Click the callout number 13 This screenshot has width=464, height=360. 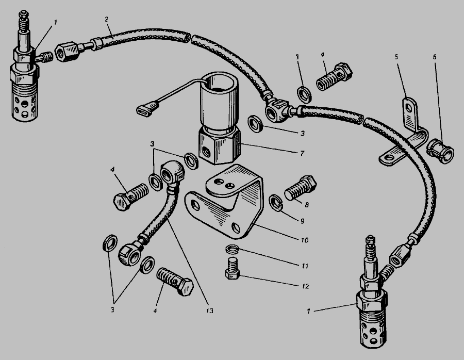pyautogui.click(x=209, y=310)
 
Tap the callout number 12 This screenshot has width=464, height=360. pyautogui.click(x=305, y=286)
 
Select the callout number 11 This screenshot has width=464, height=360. pyautogui.click(x=305, y=266)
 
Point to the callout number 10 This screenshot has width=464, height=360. pyautogui.click(x=305, y=240)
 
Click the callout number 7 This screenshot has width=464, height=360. pyautogui.click(x=302, y=153)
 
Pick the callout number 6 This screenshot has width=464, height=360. pyautogui.click(x=435, y=57)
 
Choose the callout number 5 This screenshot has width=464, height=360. pyautogui.click(x=396, y=56)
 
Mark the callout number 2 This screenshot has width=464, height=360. pyautogui.click(x=106, y=20)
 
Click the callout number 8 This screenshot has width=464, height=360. pyautogui.click(x=307, y=205)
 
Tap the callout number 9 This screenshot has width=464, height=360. pyautogui.click(x=302, y=221)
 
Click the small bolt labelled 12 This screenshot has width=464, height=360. pyautogui.click(x=233, y=268)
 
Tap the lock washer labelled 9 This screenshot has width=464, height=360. pyautogui.click(x=276, y=203)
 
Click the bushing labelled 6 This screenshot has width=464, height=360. pyautogui.click(x=440, y=151)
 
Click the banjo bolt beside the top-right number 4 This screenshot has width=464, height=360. pyautogui.click(x=335, y=76)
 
